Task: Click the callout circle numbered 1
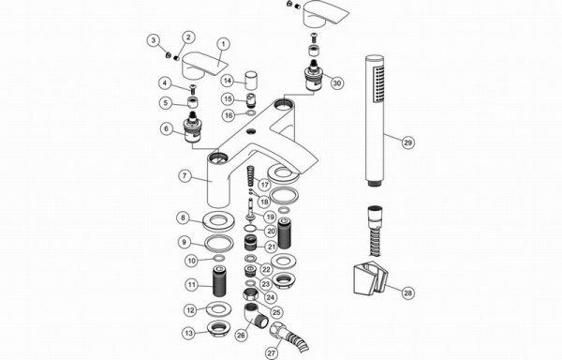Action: [x=223, y=44]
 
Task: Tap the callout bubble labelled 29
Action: [x=407, y=142]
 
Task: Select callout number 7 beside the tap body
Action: [x=185, y=175]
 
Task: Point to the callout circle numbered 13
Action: [x=189, y=333]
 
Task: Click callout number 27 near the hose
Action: [x=272, y=352]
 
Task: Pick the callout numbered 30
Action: [x=337, y=83]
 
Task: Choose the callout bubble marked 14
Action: [x=228, y=81]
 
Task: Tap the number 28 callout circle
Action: [x=407, y=292]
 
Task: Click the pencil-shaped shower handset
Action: [x=375, y=121]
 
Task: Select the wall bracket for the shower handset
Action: [x=371, y=278]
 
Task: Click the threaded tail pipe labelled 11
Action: [x=218, y=281]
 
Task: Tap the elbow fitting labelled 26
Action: [x=256, y=315]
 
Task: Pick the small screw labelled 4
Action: [x=193, y=88]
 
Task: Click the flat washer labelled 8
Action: [x=218, y=221]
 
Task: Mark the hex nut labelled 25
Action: [x=251, y=295]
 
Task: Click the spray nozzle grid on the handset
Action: [x=378, y=84]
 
